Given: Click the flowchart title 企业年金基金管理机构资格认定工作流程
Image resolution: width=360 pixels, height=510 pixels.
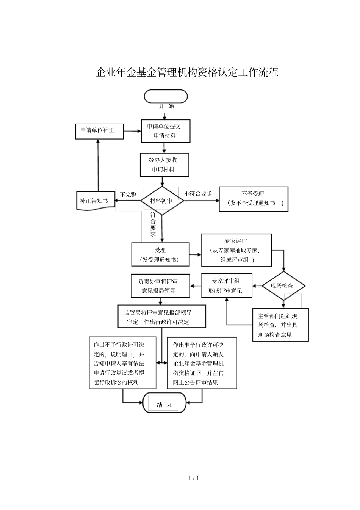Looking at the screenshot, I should click(x=187, y=72).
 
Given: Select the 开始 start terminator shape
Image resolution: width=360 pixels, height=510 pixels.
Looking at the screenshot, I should click(x=166, y=97).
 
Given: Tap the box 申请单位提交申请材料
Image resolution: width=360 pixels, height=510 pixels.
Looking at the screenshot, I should click(x=166, y=131).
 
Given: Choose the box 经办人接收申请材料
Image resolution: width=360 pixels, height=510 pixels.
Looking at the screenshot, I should click(x=164, y=165).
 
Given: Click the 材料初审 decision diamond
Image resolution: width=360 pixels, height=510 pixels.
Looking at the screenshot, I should click(x=162, y=201).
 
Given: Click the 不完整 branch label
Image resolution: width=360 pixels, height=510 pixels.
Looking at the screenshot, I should click(x=128, y=195).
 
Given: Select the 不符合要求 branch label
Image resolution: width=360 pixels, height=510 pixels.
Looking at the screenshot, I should click(x=198, y=193).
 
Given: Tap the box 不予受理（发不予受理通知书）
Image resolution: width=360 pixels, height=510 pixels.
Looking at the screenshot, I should click(x=254, y=199).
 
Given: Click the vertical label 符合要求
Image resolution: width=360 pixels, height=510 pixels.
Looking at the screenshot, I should click(x=153, y=224).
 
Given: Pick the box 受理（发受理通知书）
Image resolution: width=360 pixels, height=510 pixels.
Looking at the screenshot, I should click(x=160, y=255).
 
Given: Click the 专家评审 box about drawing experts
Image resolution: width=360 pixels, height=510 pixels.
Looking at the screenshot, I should click(x=236, y=250).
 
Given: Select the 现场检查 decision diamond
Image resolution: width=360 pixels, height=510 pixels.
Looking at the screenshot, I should click(x=283, y=286).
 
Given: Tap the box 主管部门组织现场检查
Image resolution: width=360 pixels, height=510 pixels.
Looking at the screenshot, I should click(x=280, y=325).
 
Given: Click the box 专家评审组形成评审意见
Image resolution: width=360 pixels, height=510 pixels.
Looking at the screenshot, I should click(x=226, y=286).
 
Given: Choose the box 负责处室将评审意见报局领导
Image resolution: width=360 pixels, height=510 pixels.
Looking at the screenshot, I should click(x=160, y=286).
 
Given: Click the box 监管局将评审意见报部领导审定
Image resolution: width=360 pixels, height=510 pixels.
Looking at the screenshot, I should click(x=161, y=317).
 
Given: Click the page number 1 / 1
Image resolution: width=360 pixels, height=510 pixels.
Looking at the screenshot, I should click(x=194, y=478).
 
